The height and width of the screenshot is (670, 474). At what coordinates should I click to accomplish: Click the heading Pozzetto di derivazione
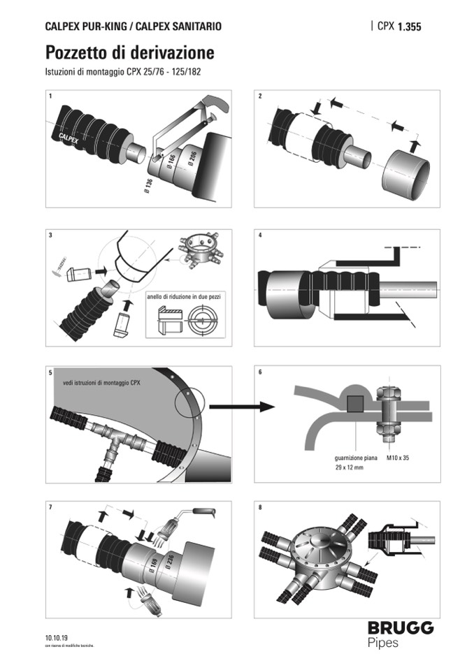129,53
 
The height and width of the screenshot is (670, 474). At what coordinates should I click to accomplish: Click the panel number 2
260,96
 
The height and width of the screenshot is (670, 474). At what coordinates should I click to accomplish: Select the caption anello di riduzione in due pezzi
185,296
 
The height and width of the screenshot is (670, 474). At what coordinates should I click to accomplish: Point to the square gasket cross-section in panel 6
354,404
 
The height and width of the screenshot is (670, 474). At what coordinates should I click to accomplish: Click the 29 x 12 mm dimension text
350,468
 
